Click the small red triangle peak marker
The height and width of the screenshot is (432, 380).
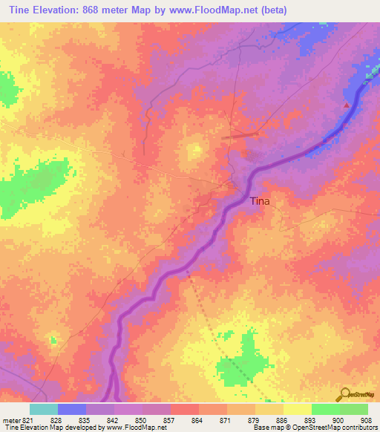(346, 105)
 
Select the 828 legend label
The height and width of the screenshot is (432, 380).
(56, 419)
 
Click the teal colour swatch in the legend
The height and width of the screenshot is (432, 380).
(43, 409)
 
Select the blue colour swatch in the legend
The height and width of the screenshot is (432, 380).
(71, 409)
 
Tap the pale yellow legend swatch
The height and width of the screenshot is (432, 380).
(297, 409)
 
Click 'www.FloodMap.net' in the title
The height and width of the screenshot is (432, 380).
(216, 10)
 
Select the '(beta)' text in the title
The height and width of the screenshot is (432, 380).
(270, 10)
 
